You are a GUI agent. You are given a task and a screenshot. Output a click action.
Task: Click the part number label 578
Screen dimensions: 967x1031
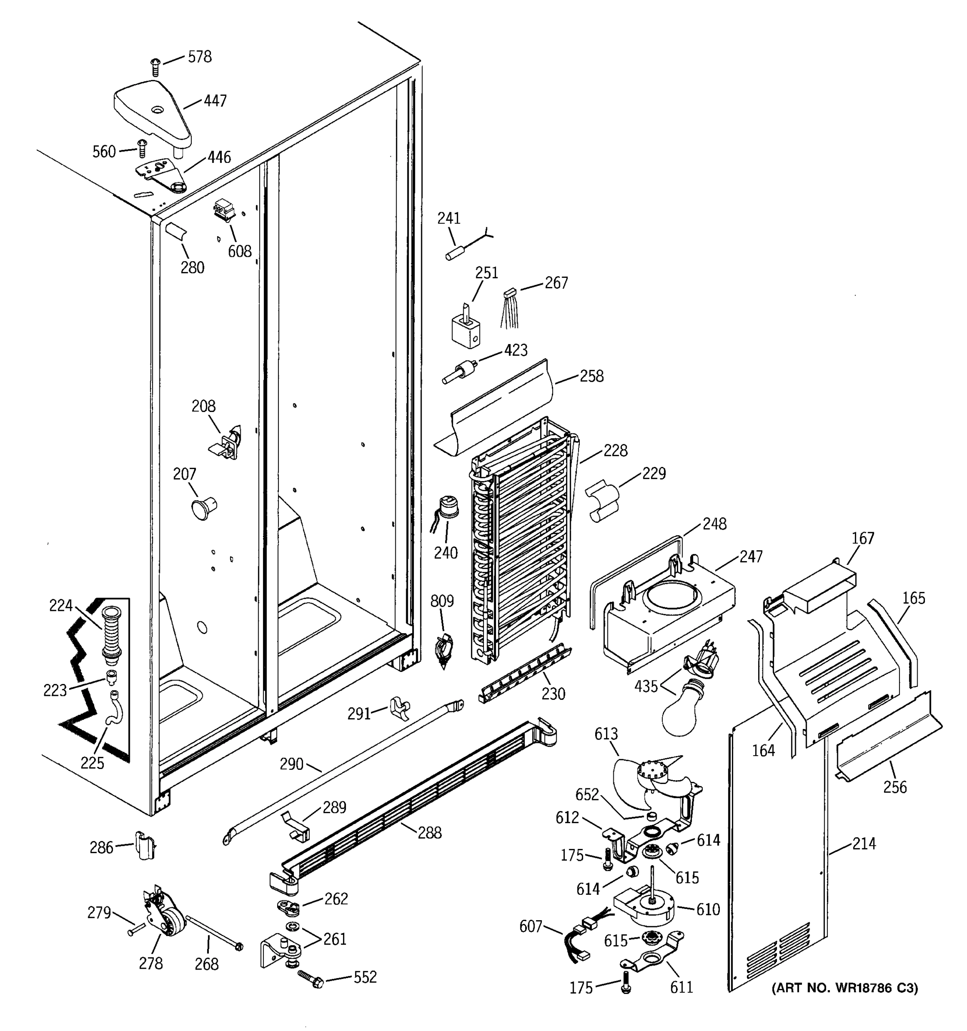point(199,57)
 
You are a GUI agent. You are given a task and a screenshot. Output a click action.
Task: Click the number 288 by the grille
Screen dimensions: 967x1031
point(429,833)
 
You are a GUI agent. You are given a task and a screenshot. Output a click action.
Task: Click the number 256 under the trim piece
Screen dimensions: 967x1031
point(895,787)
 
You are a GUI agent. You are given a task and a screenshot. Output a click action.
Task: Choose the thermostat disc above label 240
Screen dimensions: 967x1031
point(448,506)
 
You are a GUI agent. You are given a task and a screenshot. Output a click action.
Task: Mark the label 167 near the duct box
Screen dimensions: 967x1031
point(862,538)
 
